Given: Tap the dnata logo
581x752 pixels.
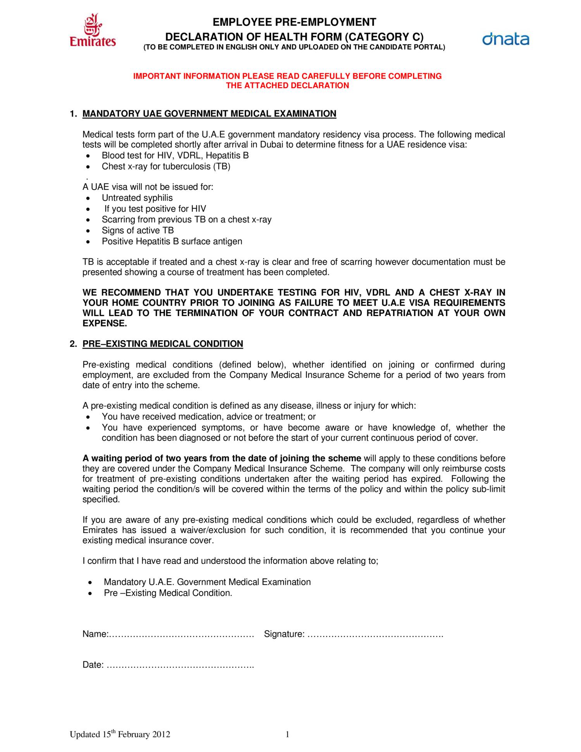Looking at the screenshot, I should (x=505, y=40).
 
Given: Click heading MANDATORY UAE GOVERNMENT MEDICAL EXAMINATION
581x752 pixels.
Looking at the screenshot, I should (x=209, y=114).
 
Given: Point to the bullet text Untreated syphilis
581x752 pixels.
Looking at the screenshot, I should (x=137, y=198).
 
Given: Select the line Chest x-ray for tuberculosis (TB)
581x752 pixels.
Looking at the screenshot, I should (x=166, y=166).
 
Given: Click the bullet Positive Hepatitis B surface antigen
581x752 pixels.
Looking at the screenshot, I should (x=172, y=241).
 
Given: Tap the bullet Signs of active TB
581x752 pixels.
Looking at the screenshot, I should (x=138, y=230).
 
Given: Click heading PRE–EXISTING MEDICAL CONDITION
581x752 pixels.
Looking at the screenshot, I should (x=163, y=344).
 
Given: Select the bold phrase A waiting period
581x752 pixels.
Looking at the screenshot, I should (x=116, y=458).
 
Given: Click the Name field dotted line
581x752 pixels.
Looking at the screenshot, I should (x=181, y=634).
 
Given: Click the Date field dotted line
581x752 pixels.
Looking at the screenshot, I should (x=180, y=665).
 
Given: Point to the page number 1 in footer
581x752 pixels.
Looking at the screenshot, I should (x=287, y=735).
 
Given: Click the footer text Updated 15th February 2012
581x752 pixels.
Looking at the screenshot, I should (x=120, y=735).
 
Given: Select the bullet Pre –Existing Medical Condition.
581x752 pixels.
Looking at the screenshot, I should (x=168, y=593).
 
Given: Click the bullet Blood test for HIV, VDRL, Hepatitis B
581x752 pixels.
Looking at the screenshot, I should (x=175, y=155).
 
